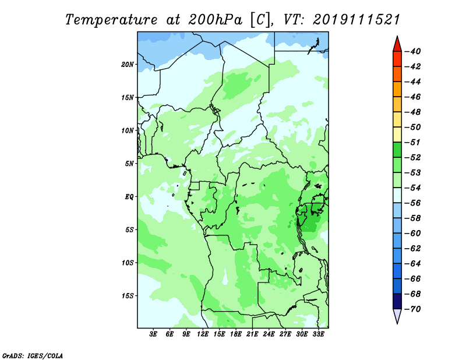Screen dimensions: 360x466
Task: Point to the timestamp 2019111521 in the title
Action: pyautogui.click(x=356, y=19)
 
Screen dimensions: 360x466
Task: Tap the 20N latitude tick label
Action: pyautogui.click(x=128, y=64)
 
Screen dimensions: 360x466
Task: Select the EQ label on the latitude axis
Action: pyautogui.click(x=129, y=196)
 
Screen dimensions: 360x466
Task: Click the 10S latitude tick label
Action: pyautogui.click(x=128, y=263)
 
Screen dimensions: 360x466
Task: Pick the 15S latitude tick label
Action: pyautogui.click(x=128, y=296)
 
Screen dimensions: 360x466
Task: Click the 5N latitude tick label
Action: pyautogui.click(x=129, y=164)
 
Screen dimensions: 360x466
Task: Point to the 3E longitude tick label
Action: pyautogui.click(x=154, y=335)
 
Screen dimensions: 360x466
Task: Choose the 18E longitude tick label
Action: pyautogui.click(x=236, y=335)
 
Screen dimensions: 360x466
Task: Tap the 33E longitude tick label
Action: pyautogui.click(x=318, y=335)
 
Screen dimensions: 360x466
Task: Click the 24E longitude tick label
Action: pyautogui.click(x=269, y=335)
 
